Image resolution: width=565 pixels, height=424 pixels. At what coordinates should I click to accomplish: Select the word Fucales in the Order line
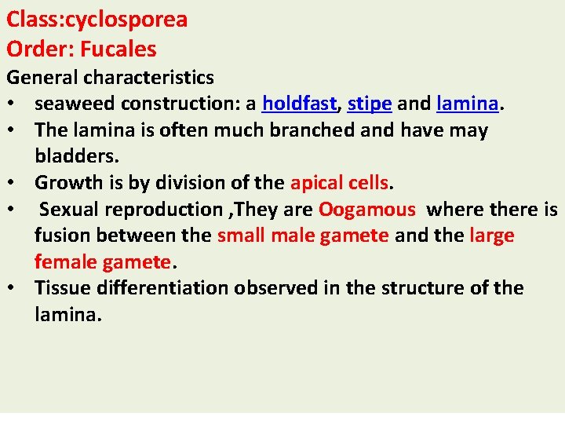[118, 49]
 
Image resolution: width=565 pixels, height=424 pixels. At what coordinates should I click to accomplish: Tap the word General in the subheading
[42, 77]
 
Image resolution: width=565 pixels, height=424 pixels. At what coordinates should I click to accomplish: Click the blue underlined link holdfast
[299, 104]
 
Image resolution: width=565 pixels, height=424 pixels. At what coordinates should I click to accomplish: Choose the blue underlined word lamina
[468, 104]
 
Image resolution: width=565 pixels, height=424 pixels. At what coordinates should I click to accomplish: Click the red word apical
[315, 183]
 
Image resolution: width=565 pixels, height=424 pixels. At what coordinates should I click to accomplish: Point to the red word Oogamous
[366, 210]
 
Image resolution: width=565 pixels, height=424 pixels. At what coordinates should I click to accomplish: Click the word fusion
[58, 236]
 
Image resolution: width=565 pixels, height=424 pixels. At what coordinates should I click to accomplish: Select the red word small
[240, 236]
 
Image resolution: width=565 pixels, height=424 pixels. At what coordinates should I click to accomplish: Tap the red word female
[63, 261]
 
